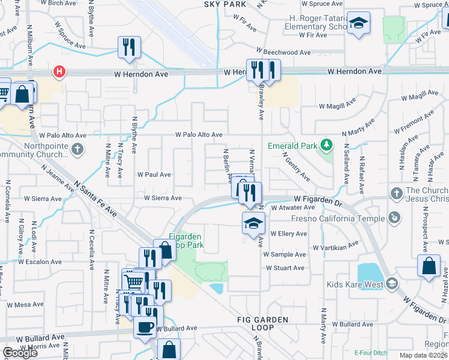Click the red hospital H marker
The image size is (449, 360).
click(x=59, y=73)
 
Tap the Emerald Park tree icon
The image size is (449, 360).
click(x=326, y=145)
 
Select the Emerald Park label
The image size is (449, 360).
click(x=293, y=145)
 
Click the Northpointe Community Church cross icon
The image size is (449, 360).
click(x=77, y=149)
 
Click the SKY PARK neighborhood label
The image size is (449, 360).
click(x=226, y=4)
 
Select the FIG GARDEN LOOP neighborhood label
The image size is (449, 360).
click(x=262, y=323)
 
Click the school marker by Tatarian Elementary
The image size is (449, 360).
click(x=359, y=23)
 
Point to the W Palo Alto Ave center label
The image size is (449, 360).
click(x=199, y=135)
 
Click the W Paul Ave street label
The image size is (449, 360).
click(x=154, y=175)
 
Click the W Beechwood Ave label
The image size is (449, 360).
click(x=284, y=52)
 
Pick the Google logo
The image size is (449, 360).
click(x=20, y=353)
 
